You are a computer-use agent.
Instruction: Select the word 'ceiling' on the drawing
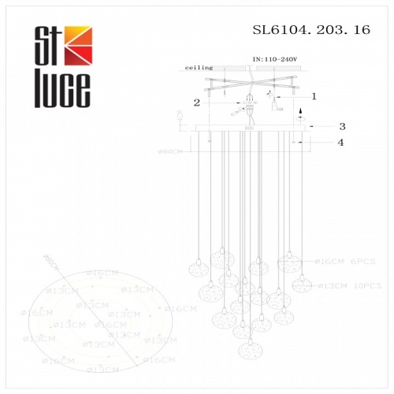pyautogui.click(x=199, y=69)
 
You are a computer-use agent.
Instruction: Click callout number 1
pyautogui.click(x=314, y=96)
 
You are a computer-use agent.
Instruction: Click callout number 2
pyautogui.click(x=198, y=102)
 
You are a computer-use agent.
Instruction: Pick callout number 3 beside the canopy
pyautogui.click(x=342, y=126)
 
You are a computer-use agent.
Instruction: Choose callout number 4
pyautogui.click(x=340, y=143)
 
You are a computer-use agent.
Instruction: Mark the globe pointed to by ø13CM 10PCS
pyautogui.click(x=300, y=282)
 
